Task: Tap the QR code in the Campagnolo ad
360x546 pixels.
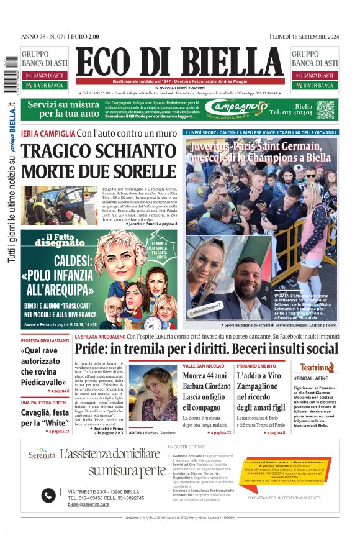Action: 325,109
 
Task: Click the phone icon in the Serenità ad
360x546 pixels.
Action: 48,495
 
